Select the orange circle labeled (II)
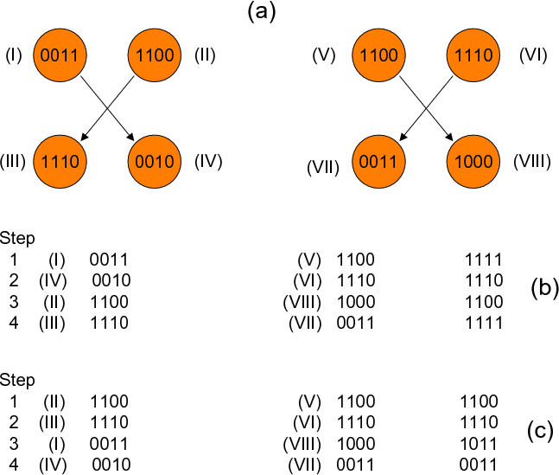coord(156,57)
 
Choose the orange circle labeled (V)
coord(378,57)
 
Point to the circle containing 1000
coord(474,162)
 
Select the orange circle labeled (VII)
coord(378,162)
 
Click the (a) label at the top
coord(261,11)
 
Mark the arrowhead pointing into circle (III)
coord(85,138)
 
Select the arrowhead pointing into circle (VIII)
coord(450,138)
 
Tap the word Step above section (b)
coord(18,237)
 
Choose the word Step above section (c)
coord(18,380)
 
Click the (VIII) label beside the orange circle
coord(531,162)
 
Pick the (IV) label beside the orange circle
coord(208,162)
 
